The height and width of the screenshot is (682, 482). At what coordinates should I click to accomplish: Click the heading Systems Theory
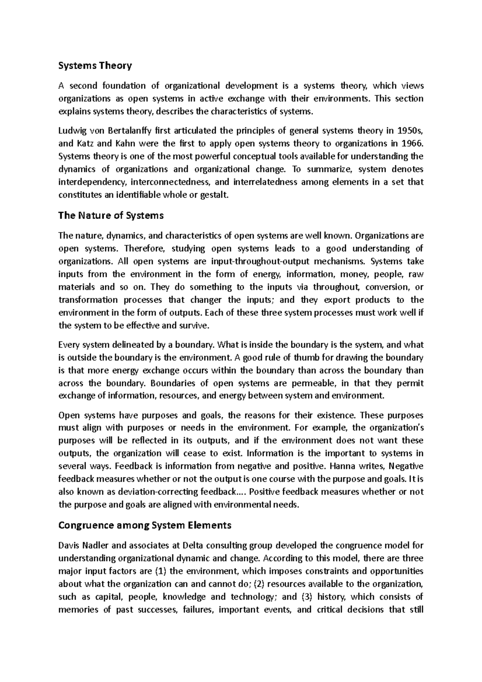(x=95, y=65)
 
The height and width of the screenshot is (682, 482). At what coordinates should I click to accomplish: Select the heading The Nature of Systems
(x=111, y=216)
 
